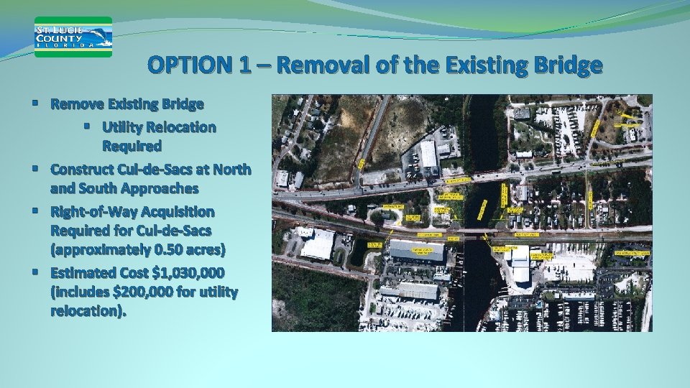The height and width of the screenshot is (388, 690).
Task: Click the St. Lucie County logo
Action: point(73,37)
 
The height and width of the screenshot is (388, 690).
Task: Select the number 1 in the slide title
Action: point(245,66)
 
